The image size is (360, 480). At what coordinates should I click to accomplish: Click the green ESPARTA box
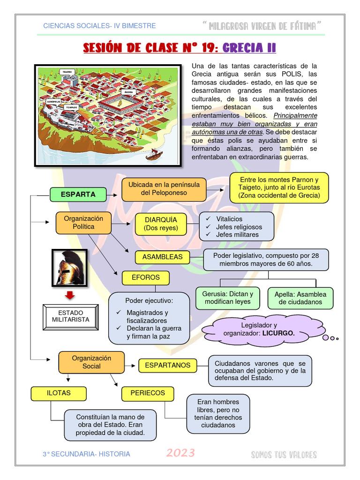(x=78, y=194)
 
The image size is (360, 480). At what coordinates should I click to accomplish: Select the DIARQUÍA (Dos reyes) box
(x=161, y=224)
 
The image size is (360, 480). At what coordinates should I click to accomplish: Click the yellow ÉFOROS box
(x=145, y=277)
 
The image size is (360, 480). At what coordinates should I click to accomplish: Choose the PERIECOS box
(x=147, y=393)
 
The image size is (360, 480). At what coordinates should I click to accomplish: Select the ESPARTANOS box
(x=167, y=365)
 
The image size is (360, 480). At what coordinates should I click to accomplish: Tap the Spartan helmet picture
(x=69, y=268)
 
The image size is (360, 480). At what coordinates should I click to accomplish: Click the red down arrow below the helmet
(x=70, y=296)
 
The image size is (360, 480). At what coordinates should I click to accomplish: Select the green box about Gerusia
(x=227, y=298)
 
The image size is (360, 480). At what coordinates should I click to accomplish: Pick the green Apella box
(x=300, y=299)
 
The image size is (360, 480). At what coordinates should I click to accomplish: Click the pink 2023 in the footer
(x=180, y=453)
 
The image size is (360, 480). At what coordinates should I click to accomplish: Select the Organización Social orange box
(x=91, y=362)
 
